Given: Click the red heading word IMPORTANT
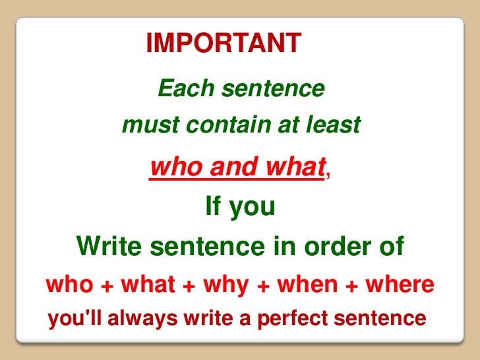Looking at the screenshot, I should point(224,44).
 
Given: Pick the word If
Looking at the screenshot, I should point(214,208).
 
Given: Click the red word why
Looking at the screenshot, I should point(225,285).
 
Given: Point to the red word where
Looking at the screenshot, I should point(400,285).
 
